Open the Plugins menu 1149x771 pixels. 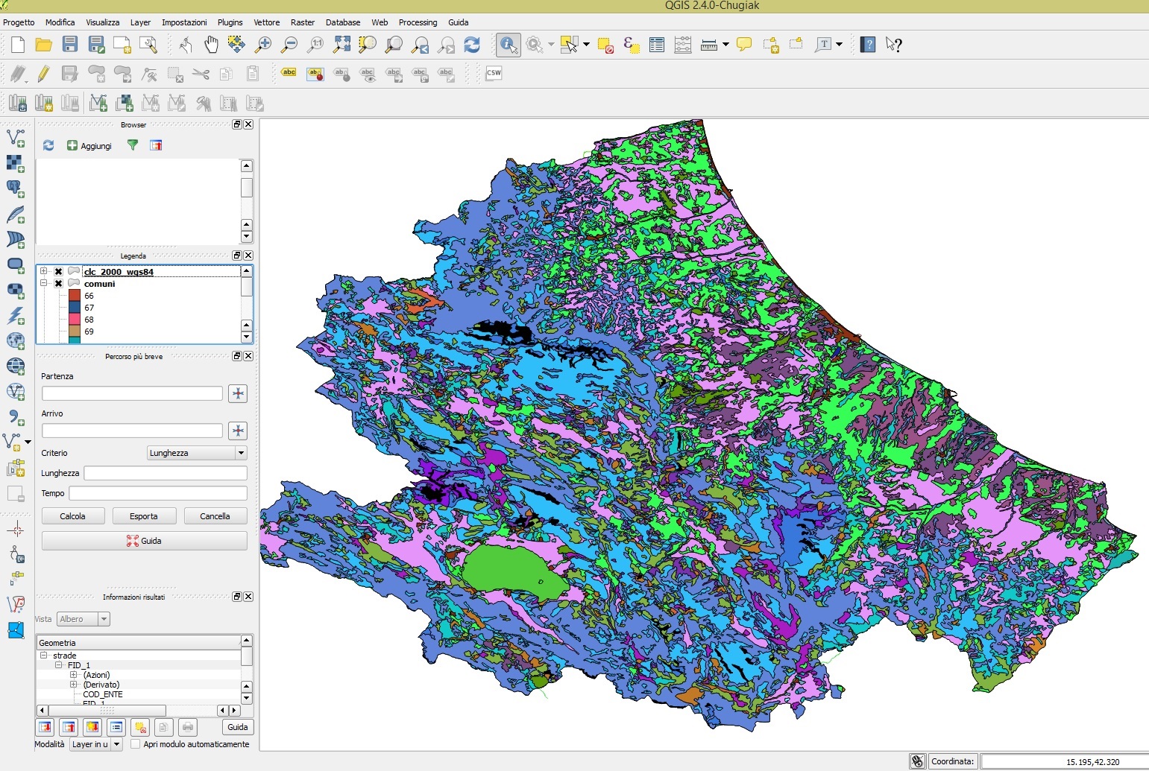(230, 22)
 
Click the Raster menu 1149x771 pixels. (302, 22)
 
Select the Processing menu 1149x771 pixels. (418, 22)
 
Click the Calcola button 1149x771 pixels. (72, 516)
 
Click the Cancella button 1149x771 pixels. (215, 516)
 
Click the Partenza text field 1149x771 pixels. (132, 393)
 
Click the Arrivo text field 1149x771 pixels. (132, 431)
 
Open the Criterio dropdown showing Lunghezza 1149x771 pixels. (197, 453)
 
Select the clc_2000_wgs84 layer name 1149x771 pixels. (119, 272)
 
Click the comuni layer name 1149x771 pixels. (99, 284)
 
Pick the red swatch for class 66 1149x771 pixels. (75, 296)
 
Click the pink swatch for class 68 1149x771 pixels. (75, 320)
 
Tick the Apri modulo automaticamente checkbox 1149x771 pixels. (135, 744)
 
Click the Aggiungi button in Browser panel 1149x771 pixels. (89, 146)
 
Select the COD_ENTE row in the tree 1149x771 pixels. (102, 694)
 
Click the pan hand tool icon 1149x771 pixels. (212, 45)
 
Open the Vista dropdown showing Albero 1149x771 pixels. (84, 619)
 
